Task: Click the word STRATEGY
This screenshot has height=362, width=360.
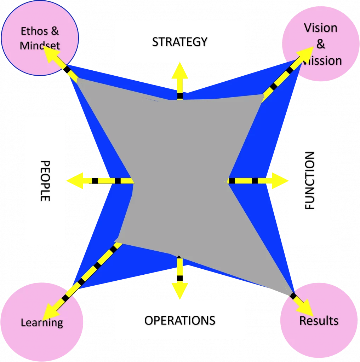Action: coord(179,42)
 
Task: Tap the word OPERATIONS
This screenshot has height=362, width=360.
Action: coord(179,320)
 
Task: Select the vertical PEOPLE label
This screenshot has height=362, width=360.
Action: coord(45,181)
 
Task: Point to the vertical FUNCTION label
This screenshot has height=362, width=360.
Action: coord(309,181)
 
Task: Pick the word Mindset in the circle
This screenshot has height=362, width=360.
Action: coord(40,45)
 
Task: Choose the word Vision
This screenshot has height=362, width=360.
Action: coord(321,28)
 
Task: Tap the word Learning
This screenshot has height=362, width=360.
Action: coord(42,322)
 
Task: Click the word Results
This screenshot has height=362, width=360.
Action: coord(319,321)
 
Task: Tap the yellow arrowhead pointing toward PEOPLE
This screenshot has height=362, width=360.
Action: coord(75,181)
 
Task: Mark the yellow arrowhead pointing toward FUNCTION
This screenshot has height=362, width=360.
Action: coord(281,181)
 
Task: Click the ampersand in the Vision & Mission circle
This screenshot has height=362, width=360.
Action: coord(321,44)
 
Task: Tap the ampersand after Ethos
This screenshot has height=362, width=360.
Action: coord(54,31)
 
